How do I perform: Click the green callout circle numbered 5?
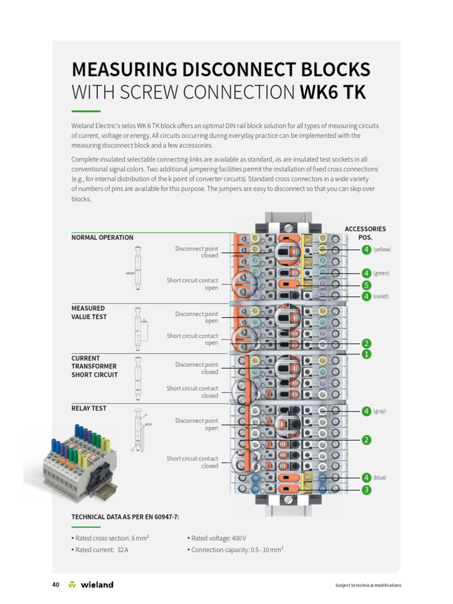[x=366, y=285]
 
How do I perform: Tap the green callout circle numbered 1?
[x=366, y=354]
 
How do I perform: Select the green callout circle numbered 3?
[x=366, y=490]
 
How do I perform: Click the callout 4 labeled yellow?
[x=366, y=250]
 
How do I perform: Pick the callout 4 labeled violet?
[x=366, y=296]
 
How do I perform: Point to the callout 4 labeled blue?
[x=366, y=477]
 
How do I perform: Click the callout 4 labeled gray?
[x=366, y=411]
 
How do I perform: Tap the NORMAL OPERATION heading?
[x=102, y=238]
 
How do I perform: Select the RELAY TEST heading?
[x=88, y=408]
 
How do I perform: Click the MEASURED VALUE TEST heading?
[x=88, y=313]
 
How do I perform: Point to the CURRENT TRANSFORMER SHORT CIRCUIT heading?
[x=94, y=366]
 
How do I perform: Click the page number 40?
[x=56, y=585]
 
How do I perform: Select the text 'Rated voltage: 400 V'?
[x=216, y=538]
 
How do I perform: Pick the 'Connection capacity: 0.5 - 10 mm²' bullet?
[x=235, y=550]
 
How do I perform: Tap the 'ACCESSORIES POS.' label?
[x=365, y=233]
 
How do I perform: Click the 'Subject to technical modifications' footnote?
[x=368, y=585]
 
